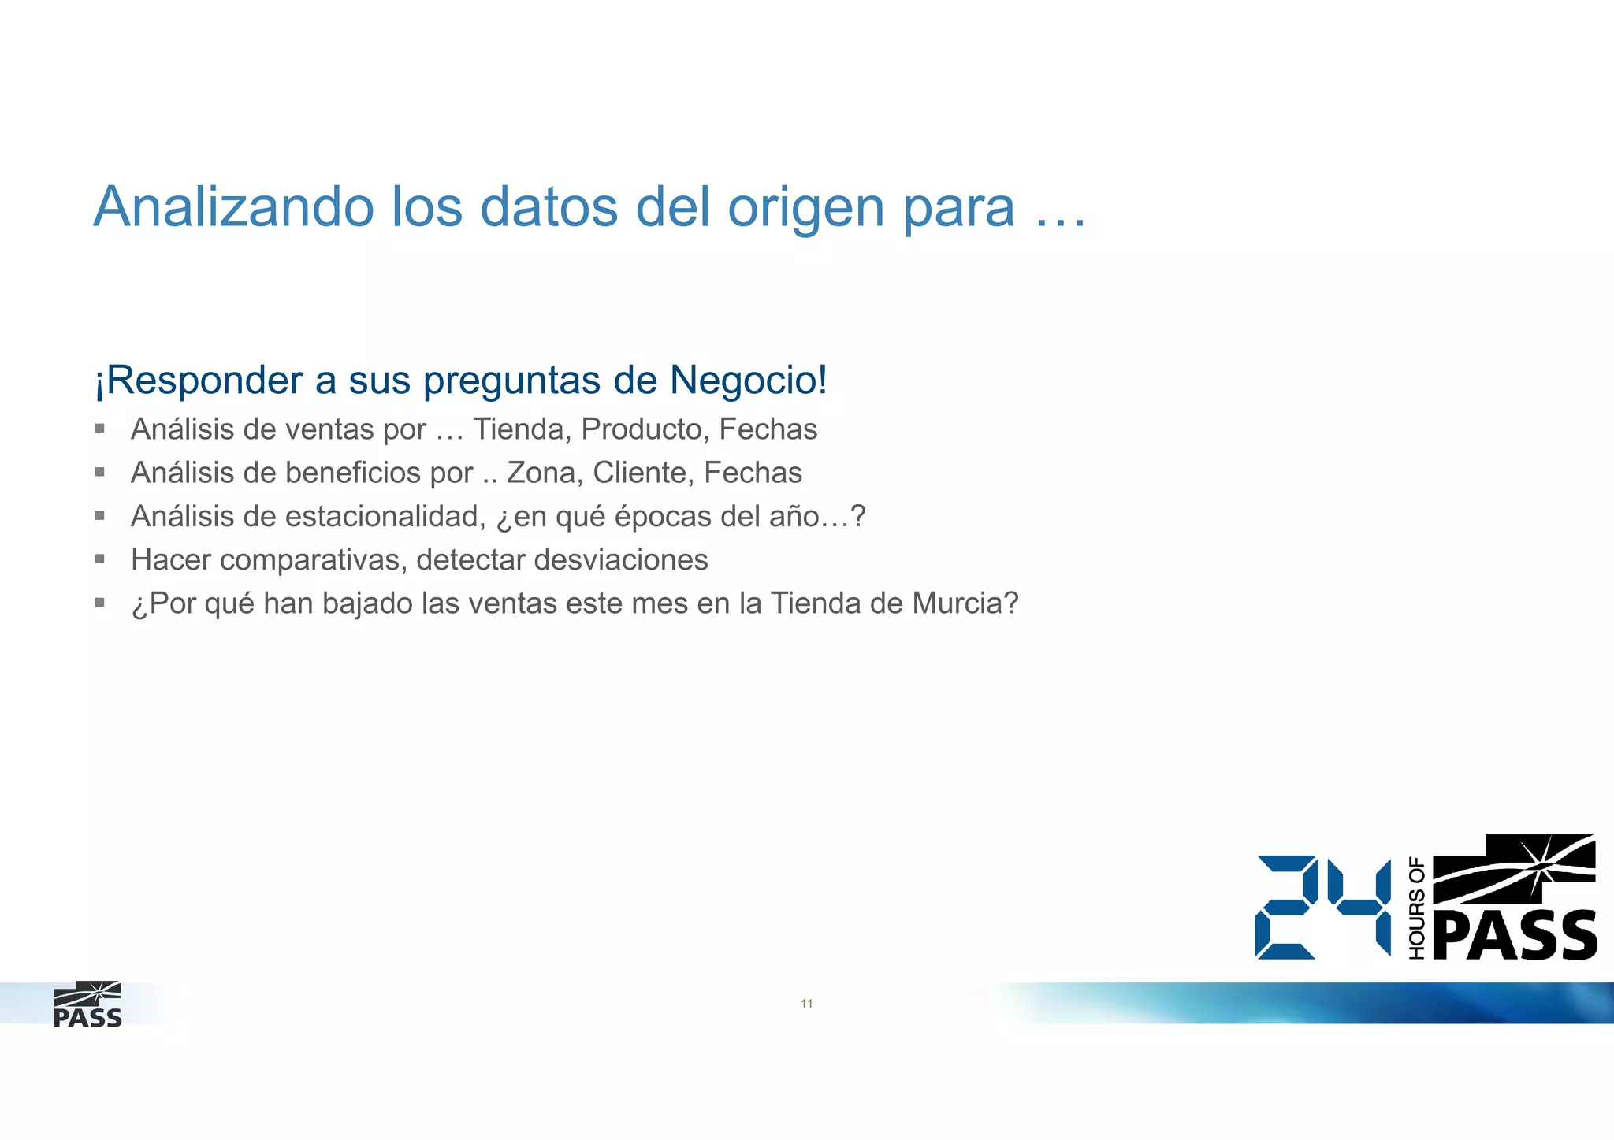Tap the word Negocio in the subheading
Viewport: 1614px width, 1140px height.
[746, 380]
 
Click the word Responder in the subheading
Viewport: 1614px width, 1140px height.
[204, 380]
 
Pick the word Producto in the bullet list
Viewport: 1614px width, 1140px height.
[645, 429]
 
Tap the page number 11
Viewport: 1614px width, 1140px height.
[806, 1003]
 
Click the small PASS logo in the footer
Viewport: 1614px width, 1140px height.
[87, 1004]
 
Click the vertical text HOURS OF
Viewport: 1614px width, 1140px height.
[1416, 908]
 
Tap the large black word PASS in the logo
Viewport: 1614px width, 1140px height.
[1515, 936]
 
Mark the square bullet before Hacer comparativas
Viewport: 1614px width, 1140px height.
[100, 559]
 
